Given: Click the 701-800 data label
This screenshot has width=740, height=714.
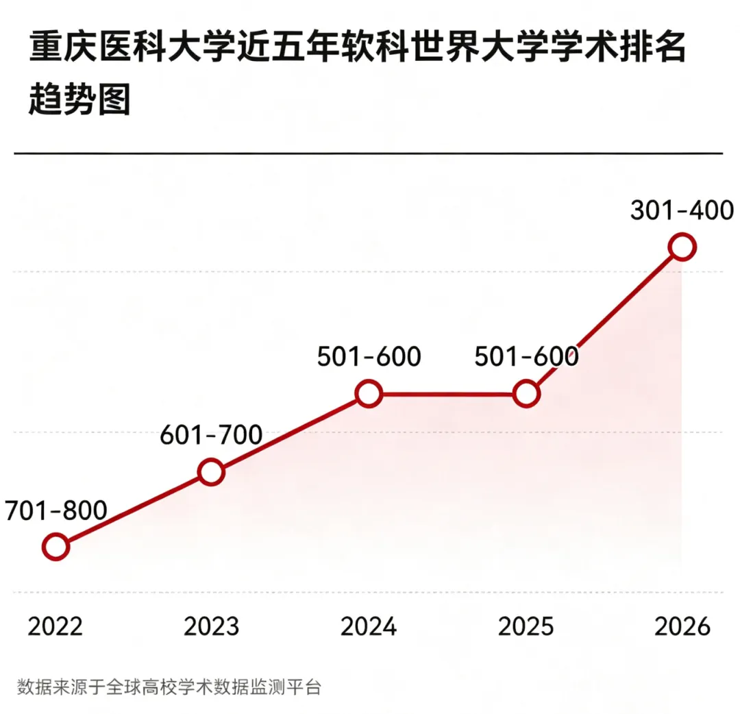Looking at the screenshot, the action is click(56, 510).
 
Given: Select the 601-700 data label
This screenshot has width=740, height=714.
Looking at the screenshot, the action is click(211, 435).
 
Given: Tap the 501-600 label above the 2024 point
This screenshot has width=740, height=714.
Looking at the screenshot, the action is click(369, 357).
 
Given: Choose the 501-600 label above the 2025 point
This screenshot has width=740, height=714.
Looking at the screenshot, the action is click(526, 357).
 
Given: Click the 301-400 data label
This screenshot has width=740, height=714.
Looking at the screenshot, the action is click(682, 210).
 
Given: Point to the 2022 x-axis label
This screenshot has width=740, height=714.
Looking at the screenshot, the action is click(56, 627).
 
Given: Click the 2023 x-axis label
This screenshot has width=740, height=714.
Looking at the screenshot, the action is click(212, 627).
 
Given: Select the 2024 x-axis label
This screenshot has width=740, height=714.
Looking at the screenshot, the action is click(369, 627).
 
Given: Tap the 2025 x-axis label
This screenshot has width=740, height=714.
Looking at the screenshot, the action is click(526, 627).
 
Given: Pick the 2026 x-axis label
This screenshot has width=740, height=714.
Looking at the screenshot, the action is click(682, 627).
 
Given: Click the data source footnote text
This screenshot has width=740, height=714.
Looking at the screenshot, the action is click(169, 687).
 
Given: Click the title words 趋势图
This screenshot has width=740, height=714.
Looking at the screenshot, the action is click(79, 99).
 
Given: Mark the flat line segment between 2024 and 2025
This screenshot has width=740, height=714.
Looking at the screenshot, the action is click(447, 393).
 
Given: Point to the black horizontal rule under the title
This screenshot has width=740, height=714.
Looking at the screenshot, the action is click(369, 153).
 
